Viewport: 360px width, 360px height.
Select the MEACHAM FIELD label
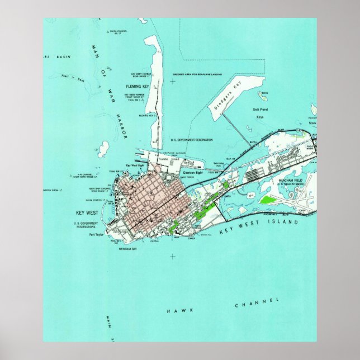click(290, 181)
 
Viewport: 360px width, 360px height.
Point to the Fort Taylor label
click(96, 235)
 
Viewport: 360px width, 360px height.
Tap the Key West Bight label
click(136, 166)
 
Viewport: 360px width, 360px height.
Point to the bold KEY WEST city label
click(87, 213)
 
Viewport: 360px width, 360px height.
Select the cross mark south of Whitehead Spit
click(172, 257)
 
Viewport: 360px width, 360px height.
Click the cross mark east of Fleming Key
click(172, 81)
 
